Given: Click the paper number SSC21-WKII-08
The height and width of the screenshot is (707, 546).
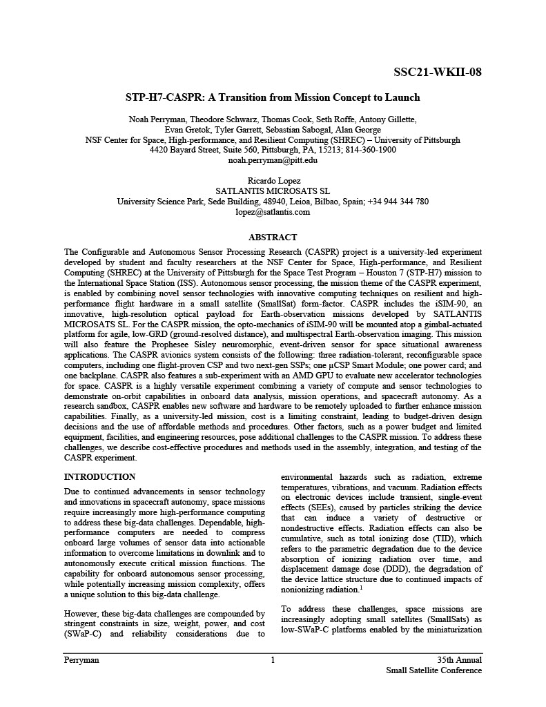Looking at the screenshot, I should (438, 72).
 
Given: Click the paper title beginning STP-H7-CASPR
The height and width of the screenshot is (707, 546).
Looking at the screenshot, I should (273, 97).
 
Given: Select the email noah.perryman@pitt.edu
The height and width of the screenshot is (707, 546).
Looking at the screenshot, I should (273, 159).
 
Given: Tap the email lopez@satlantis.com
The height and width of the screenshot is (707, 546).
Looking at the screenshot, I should (273, 212).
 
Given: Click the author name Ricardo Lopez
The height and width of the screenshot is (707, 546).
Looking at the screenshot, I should (273, 181).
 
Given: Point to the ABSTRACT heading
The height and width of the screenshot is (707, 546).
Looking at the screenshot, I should (273, 237).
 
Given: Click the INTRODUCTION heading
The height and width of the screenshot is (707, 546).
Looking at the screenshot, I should (99, 477).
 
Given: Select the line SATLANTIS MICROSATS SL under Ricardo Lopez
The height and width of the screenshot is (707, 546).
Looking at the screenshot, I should (273, 191).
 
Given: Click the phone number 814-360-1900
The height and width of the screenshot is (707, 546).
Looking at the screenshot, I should (371, 150).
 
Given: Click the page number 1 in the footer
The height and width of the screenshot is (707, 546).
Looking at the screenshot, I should (273, 660).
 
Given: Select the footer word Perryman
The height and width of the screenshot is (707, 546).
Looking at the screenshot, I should (81, 660).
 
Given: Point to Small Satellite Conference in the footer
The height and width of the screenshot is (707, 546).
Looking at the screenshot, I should (433, 670).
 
